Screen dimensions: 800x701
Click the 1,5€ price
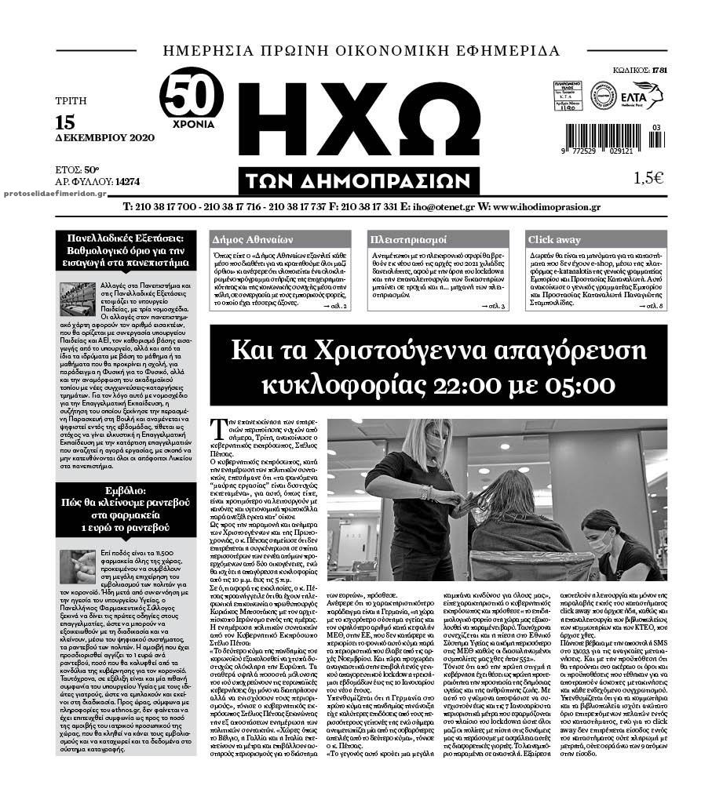648,178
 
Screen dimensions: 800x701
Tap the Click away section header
555,239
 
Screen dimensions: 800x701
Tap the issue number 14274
127,181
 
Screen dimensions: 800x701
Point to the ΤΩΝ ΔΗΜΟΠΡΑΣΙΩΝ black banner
360,180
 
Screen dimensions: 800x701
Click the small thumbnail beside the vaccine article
77,567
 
